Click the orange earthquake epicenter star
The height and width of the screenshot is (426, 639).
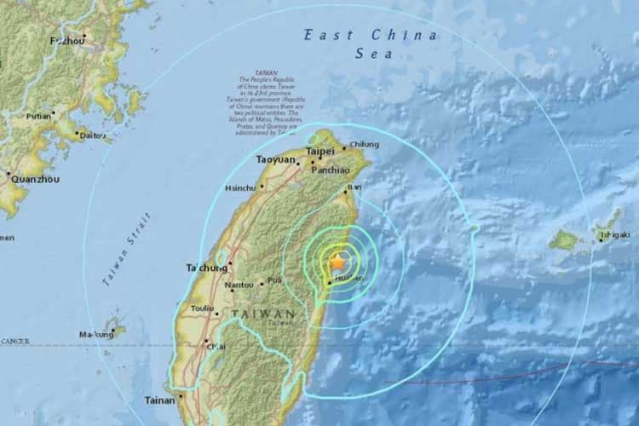[x=339, y=262]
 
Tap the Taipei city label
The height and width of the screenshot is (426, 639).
[x=320, y=151]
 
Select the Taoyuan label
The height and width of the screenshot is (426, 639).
[x=275, y=159]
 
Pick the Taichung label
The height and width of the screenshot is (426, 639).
[x=206, y=268]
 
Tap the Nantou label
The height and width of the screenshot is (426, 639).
[x=239, y=285]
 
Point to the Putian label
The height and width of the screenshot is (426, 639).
[x=38, y=116]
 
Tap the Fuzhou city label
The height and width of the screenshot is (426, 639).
[x=67, y=40]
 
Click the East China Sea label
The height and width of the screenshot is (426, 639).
[x=371, y=43]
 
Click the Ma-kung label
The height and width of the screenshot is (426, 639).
[x=95, y=334]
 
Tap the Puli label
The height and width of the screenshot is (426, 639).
[x=273, y=279]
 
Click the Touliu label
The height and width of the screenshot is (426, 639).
[x=202, y=308]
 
